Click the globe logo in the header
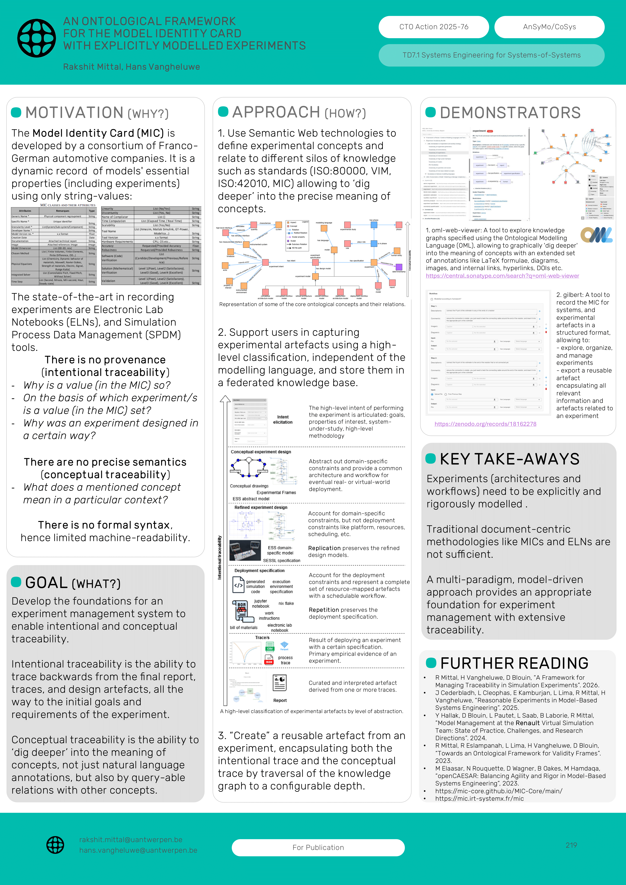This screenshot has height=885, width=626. (37, 38)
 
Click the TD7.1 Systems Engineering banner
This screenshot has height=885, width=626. (491, 55)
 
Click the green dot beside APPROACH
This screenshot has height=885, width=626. (223, 112)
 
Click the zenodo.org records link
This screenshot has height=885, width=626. (485, 424)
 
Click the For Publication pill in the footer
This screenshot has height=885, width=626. (318, 847)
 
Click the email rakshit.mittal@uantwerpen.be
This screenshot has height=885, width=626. (131, 840)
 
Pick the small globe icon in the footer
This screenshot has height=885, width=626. (55, 845)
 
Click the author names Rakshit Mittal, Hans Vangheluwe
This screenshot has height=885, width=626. (131, 67)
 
